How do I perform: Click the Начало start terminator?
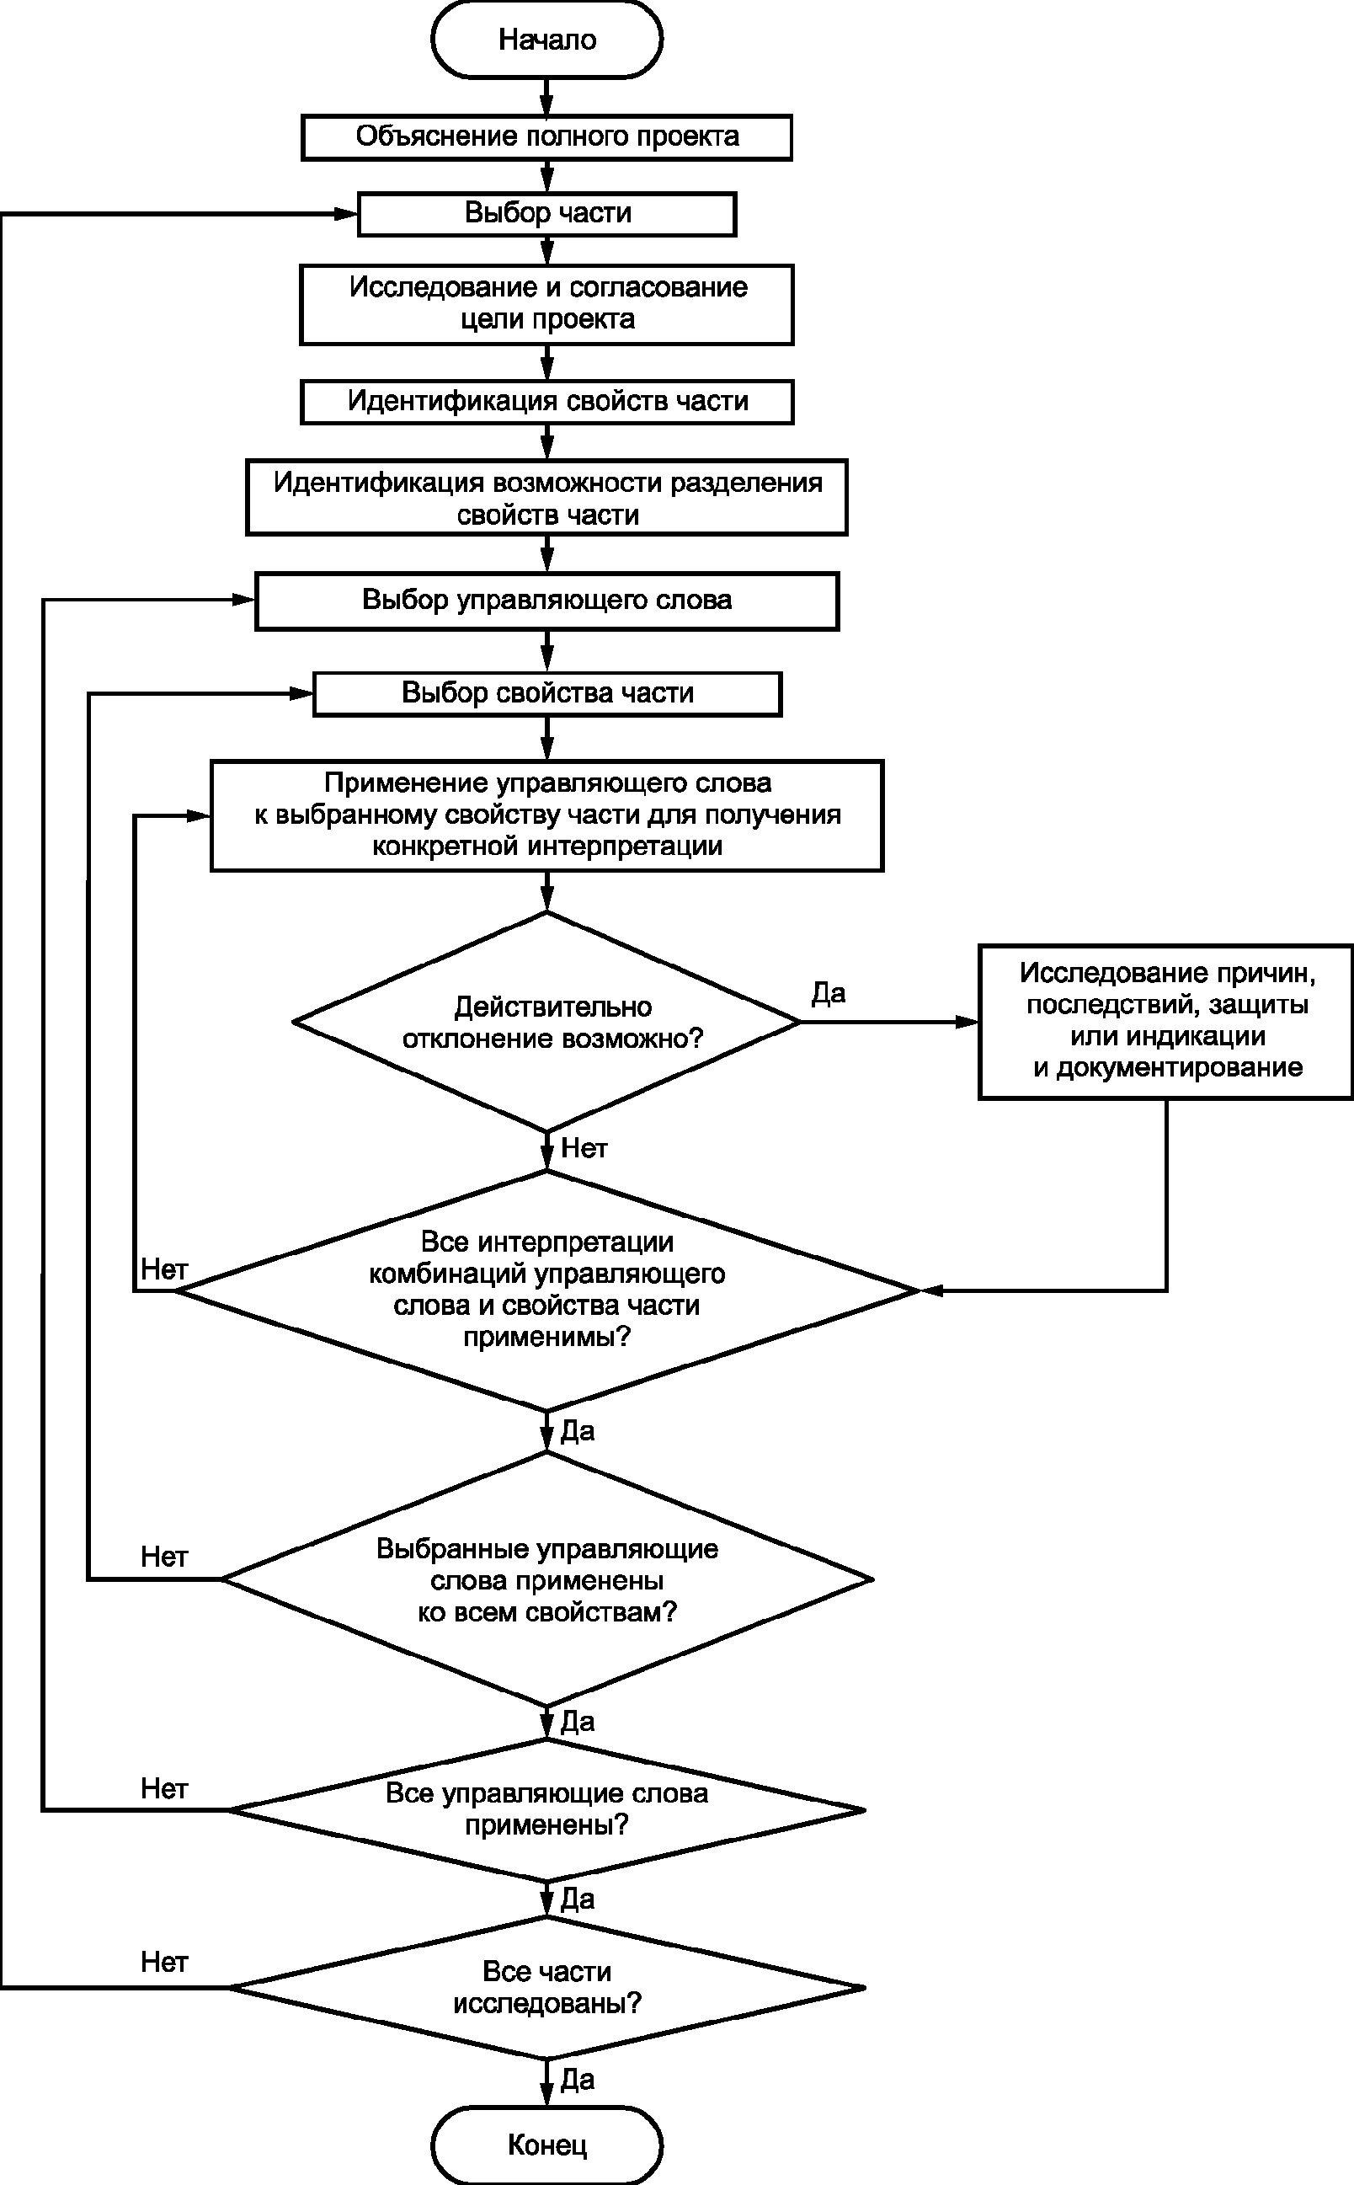(x=546, y=40)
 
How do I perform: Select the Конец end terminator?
(x=546, y=2145)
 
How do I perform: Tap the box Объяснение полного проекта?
(x=546, y=137)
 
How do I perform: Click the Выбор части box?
(x=547, y=214)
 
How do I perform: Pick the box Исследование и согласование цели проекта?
(x=546, y=304)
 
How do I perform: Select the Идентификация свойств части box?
(x=546, y=401)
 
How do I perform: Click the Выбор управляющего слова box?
(x=547, y=601)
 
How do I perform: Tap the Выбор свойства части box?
(x=547, y=694)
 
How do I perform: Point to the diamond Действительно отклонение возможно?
(x=546, y=1023)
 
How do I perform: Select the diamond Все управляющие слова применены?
(x=546, y=1809)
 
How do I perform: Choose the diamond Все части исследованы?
(x=546, y=1988)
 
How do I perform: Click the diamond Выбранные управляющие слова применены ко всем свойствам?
(x=546, y=1579)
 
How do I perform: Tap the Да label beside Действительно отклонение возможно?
(x=829, y=992)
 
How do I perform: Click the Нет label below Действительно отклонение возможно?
(x=584, y=1148)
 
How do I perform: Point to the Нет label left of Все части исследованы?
(x=164, y=1962)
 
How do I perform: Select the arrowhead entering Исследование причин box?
(x=968, y=1023)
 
